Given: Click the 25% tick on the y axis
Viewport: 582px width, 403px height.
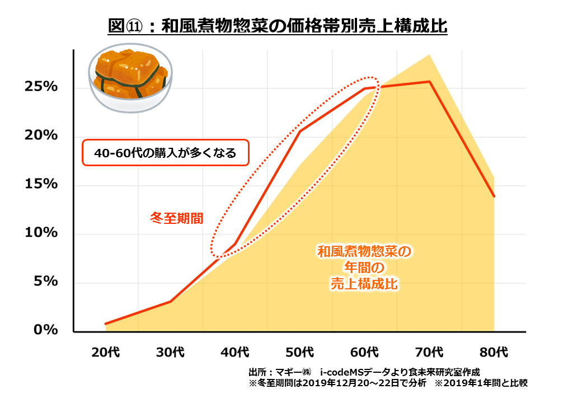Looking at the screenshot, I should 40,87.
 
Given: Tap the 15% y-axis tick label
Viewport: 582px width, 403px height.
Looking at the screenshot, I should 40,184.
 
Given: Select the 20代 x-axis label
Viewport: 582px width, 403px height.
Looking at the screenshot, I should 105,353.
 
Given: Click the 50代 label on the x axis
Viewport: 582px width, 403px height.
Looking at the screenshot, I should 300,353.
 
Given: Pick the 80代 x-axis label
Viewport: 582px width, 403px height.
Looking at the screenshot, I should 494,353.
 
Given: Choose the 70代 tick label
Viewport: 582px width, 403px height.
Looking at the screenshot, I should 429,353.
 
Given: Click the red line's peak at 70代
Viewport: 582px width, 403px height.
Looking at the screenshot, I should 429,82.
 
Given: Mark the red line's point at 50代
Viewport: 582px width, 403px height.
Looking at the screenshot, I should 300,132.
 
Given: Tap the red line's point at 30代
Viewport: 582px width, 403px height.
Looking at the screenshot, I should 170,301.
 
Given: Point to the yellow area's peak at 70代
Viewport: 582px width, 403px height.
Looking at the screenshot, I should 429,55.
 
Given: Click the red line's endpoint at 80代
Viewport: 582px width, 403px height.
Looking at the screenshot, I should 494,196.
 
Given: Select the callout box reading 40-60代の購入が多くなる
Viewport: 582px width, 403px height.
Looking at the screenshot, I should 165,152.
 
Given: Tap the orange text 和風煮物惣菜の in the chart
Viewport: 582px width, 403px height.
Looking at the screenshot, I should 364,251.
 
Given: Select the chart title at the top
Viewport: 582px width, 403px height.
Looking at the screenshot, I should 278,26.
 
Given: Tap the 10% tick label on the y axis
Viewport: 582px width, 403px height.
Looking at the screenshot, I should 40,233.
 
